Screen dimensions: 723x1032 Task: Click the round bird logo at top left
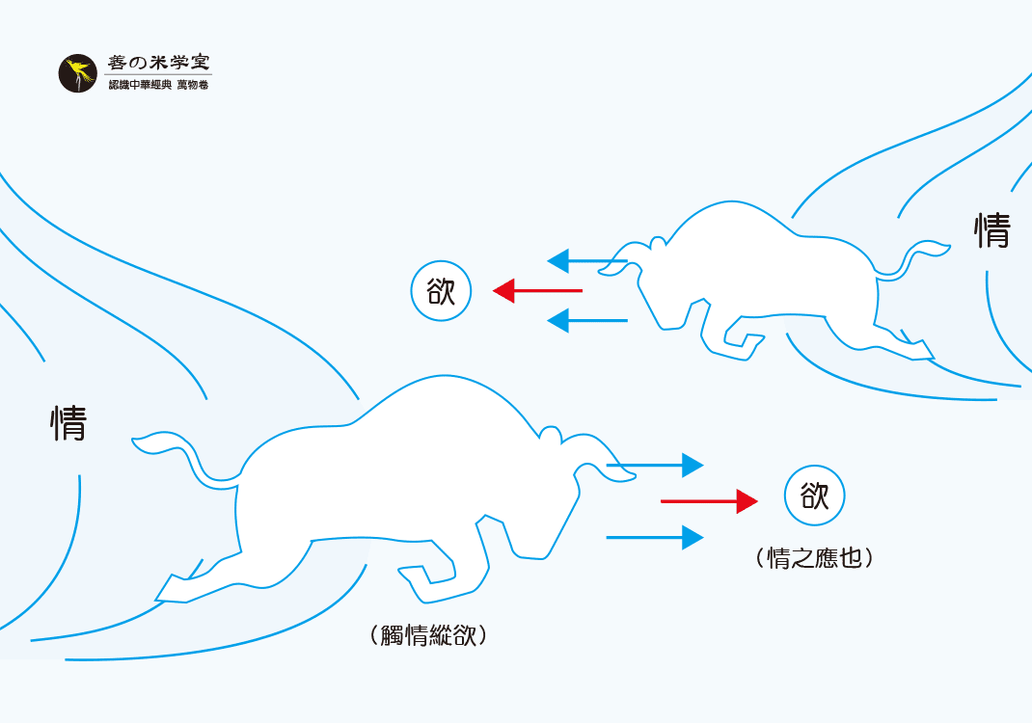[78, 74]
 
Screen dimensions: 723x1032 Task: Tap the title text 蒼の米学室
[158, 64]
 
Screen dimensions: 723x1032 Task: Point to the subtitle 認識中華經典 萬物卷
[158, 86]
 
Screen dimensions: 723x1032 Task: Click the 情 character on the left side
[69, 422]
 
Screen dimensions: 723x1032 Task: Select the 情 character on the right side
[991, 231]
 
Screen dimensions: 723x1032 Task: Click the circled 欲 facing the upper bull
[441, 291]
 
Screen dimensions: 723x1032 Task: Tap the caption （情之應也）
[815, 557]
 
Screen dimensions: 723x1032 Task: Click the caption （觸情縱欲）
[427, 635]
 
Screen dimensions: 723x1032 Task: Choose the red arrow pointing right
[709, 501]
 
